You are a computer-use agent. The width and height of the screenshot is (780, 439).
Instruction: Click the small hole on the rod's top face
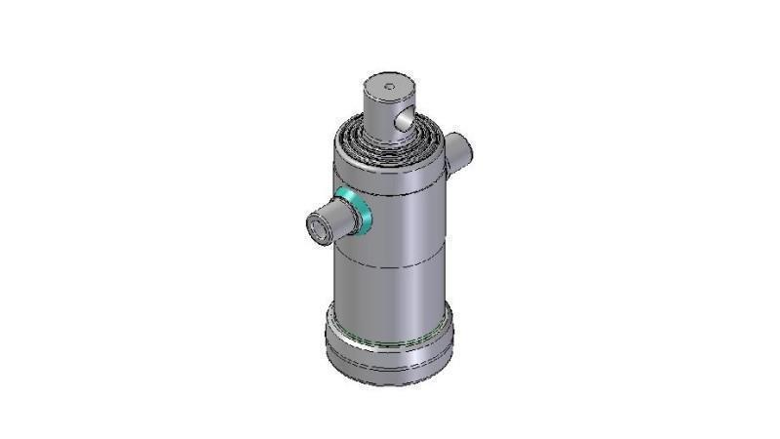click(x=389, y=88)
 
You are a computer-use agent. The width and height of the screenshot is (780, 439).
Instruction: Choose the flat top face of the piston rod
click(x=387, y=86)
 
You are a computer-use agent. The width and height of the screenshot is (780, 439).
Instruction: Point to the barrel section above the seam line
click(x=400, y=224)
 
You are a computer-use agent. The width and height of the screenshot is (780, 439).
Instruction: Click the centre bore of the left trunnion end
click(x=316, y=229)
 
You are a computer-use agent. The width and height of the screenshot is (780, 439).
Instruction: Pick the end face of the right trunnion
click(x=466, y=148)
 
